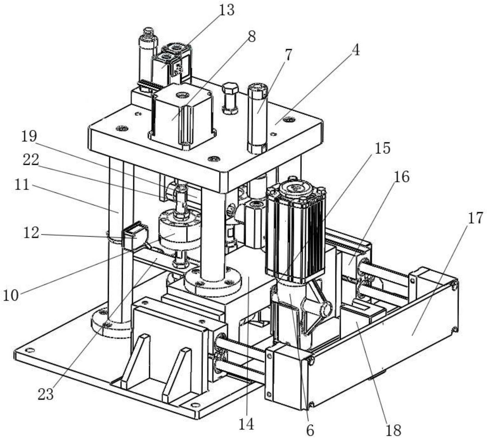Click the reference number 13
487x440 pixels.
(x=226, y=10)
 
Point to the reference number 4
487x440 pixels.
(x=355, y=50)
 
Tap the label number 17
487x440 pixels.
(x=475, y=218)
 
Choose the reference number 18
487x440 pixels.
(x=393, y=429)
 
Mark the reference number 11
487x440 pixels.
(x=22, y=185)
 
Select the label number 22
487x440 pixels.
(x=31, y=159)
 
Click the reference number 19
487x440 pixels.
(x=29, y=136)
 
